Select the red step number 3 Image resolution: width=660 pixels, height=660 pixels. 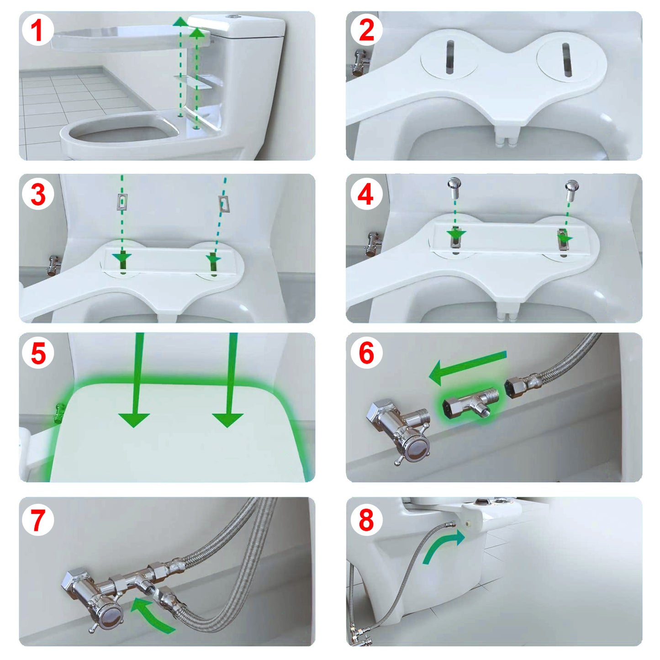[38, 194]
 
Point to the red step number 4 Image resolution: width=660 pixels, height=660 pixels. [365, 194]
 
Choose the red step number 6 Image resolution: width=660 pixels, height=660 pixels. [366, 353]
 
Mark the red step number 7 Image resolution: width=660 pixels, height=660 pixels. [38, 519]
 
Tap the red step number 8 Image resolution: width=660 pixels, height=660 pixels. [366, 519]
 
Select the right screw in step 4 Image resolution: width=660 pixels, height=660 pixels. [571, 188]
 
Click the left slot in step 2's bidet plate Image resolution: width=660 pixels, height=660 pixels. [450, 57]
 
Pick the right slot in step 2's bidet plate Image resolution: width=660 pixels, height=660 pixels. [566, 59]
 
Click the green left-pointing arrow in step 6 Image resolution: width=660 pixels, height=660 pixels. [466, 367]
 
